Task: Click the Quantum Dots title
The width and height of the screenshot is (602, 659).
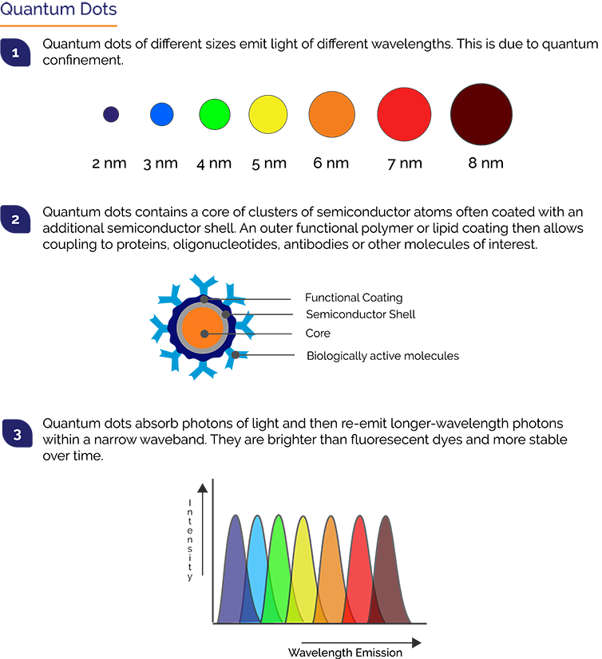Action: tap(58, 9)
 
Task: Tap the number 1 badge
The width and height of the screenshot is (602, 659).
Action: tap(15, 53)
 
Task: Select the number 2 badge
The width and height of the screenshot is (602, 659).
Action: tap(15, 219)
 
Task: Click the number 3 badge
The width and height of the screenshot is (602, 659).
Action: tap(18, 433)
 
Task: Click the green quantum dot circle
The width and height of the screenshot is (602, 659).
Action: tap(215, 114)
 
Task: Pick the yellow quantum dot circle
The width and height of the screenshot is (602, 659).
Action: tap(268, 114)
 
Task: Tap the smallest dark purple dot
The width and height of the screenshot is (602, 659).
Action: tap(111, 114)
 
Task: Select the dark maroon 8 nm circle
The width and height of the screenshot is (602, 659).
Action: tap(481, 114)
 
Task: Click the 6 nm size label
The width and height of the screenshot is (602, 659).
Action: tap(331, 163)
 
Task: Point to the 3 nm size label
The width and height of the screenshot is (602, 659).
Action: tap(160, 164)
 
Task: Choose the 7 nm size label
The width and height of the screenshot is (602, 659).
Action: tap(405, 164)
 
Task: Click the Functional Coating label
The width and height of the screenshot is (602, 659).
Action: tap(354, 298)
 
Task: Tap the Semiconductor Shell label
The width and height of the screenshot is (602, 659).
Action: tap(361, 314)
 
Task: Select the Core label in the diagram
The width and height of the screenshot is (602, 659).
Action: tap(318, 333)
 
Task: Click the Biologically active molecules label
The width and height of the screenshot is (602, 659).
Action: tap(382, 356)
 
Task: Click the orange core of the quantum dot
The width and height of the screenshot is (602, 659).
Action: tap(202, 328)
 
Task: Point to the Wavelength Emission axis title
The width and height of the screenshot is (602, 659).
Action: tap(345, 653)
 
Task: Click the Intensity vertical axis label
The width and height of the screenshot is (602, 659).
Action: tap(190, 540)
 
